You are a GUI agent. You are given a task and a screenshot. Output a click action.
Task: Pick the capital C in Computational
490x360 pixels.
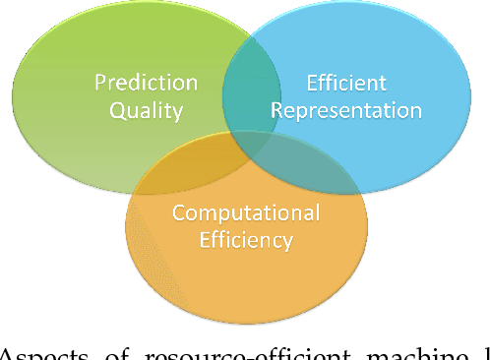pyautogui.click(x=178, y=212)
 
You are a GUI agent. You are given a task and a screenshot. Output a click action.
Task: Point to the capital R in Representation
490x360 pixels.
pyautogui.click(x=276, y=109)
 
